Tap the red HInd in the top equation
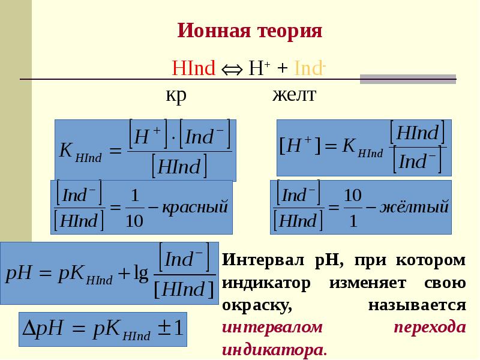tap(193, 68)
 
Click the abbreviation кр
tap(176, 95)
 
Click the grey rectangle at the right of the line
tap(407, 79)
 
